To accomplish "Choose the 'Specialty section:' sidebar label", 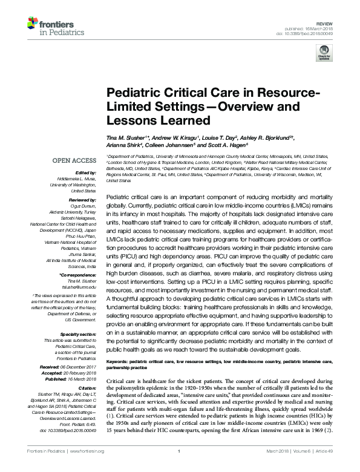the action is click(x=78, y=334).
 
